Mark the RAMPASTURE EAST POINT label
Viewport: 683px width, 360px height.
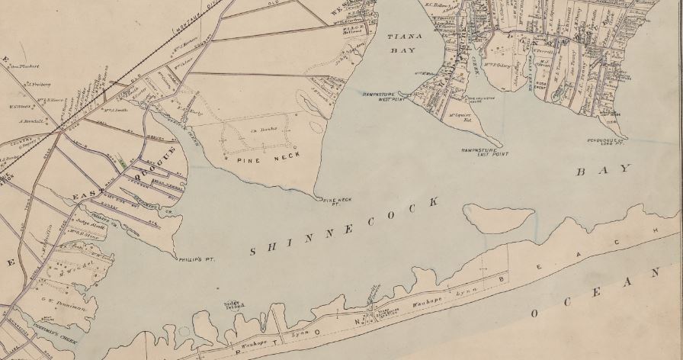point(484,153)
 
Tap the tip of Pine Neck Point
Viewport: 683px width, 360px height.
point(319,197)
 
